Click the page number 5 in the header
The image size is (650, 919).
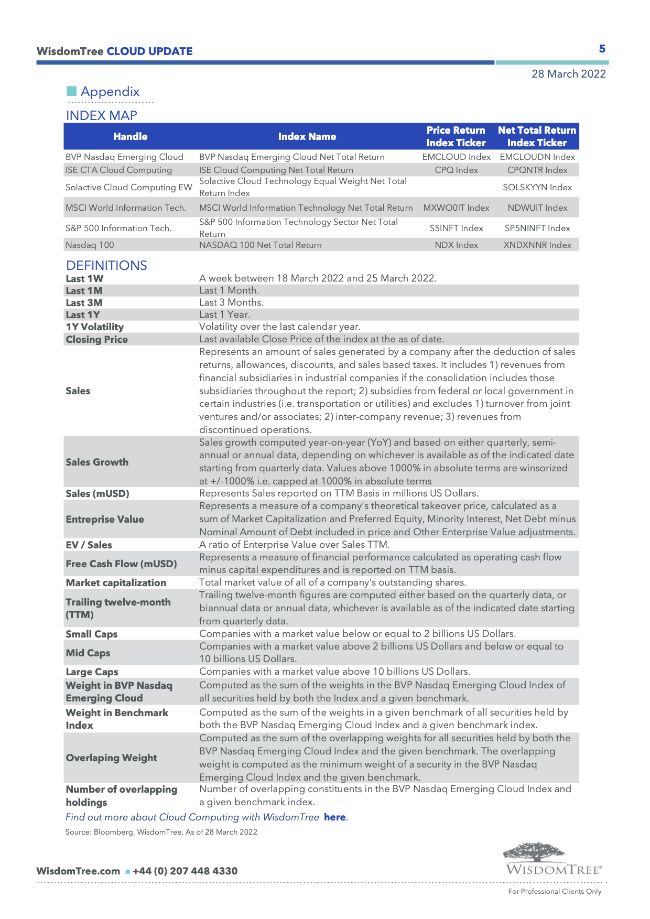tap(602, 49)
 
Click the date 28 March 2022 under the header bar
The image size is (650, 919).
tap(568, 74)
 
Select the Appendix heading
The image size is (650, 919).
tap(110, 92)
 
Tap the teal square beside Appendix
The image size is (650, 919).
tap(72, 91)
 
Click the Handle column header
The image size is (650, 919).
tap(131, 136)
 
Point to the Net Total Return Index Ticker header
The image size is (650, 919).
tap(537, 136)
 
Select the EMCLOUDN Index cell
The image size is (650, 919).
tap(537, 157)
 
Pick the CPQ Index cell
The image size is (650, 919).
tap(456, 170)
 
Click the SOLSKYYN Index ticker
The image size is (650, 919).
tap(537, 187)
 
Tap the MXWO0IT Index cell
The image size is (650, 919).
tap(456, 208)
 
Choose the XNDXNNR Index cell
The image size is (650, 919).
tap(537, 245)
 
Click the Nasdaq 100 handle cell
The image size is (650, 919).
tap(90, 245)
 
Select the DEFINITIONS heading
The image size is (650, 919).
tap(106, 265)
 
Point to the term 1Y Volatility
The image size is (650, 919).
tap(95, 327)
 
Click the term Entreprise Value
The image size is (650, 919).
tap(105, 519)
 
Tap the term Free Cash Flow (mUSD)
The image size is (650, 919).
tap(121, 564)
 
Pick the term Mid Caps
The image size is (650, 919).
tap(88, 653)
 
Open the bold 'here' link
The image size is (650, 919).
tap(334, 817)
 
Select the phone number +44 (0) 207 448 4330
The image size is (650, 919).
tap(185, 871)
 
